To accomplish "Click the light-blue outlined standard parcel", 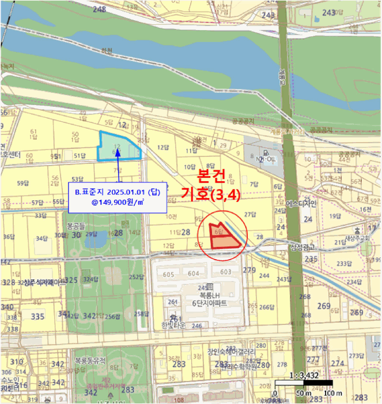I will point(118,146).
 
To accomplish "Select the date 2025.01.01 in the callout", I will point(126,191).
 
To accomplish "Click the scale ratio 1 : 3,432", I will point(304,376).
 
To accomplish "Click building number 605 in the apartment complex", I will point(168,274).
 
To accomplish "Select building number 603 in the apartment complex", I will point(225,272).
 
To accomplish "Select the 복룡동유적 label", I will point(90,360).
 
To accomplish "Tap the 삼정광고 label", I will point(305,247).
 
